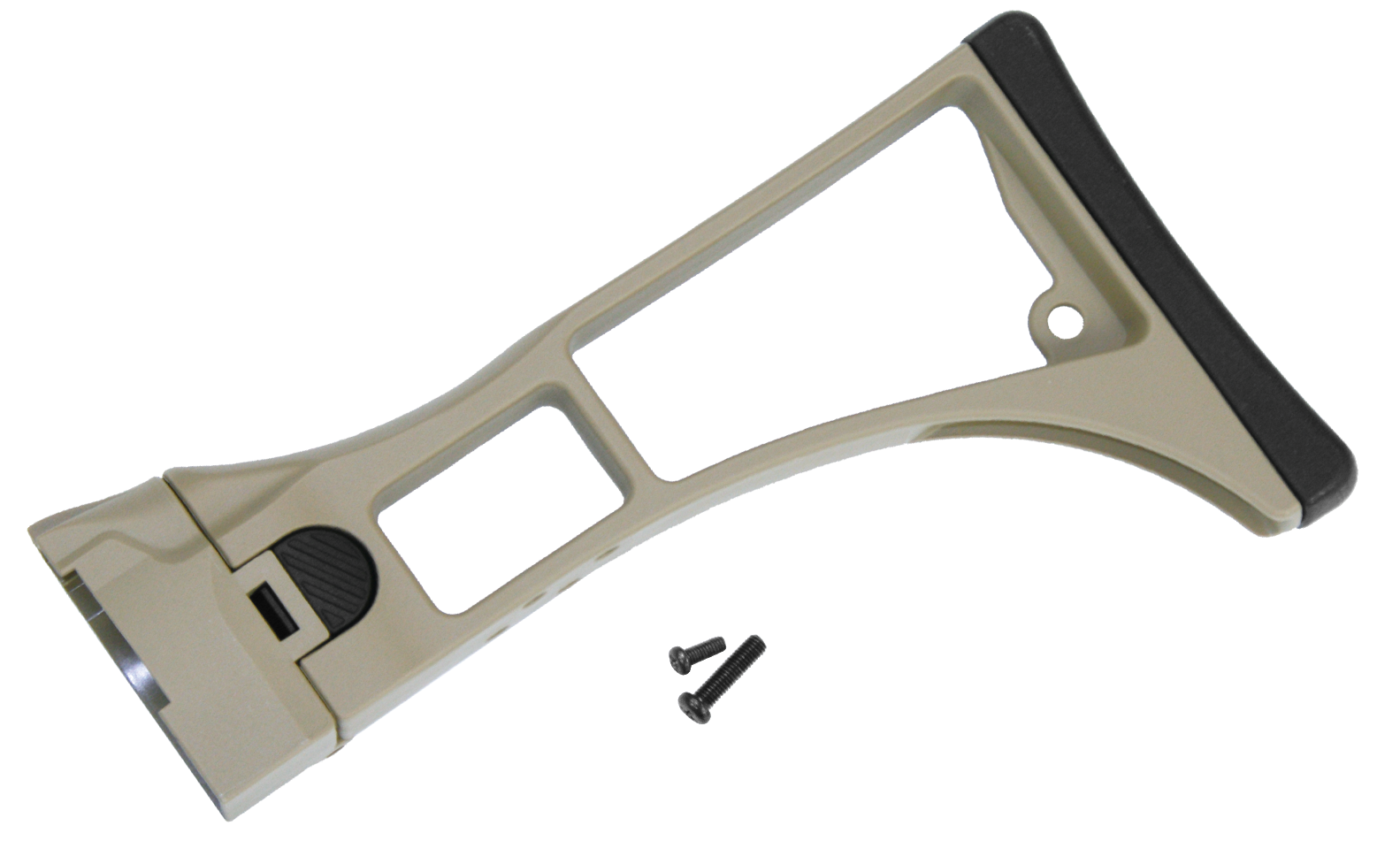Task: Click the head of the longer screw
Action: click(690, 704)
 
